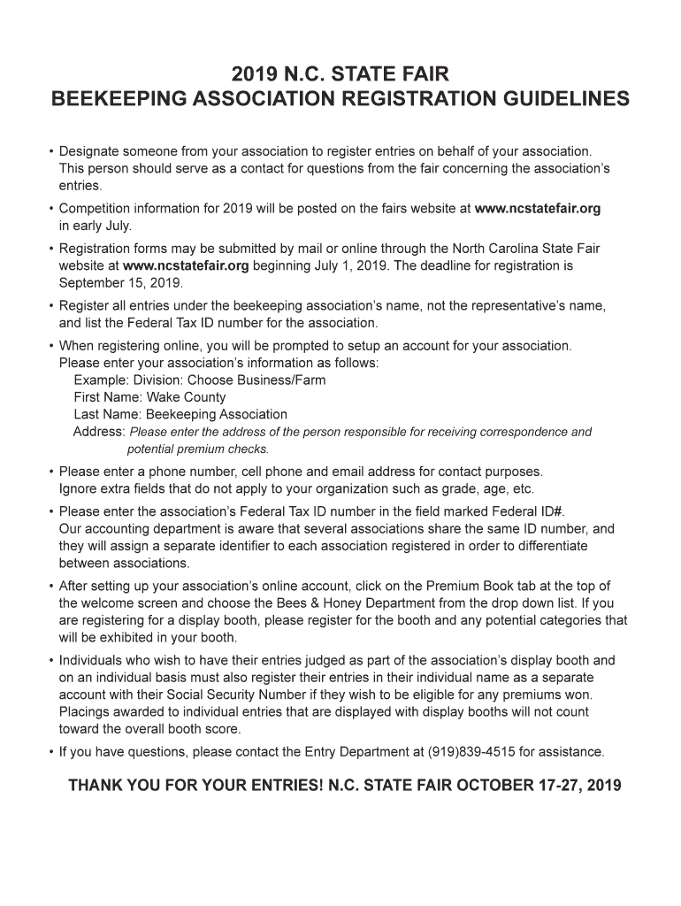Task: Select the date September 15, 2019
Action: (119, 283)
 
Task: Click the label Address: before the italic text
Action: (98, 431)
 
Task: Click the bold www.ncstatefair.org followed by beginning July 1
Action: (186, 265)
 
